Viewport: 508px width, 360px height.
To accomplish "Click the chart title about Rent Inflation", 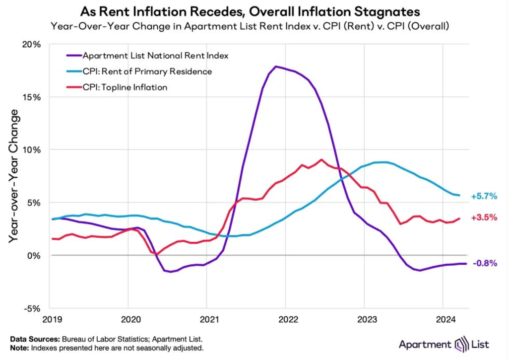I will tap(254, 11).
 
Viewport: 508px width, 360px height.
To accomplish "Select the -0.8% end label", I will tap(485, 264).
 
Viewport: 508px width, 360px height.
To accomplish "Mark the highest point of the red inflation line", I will tap(321, 159).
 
